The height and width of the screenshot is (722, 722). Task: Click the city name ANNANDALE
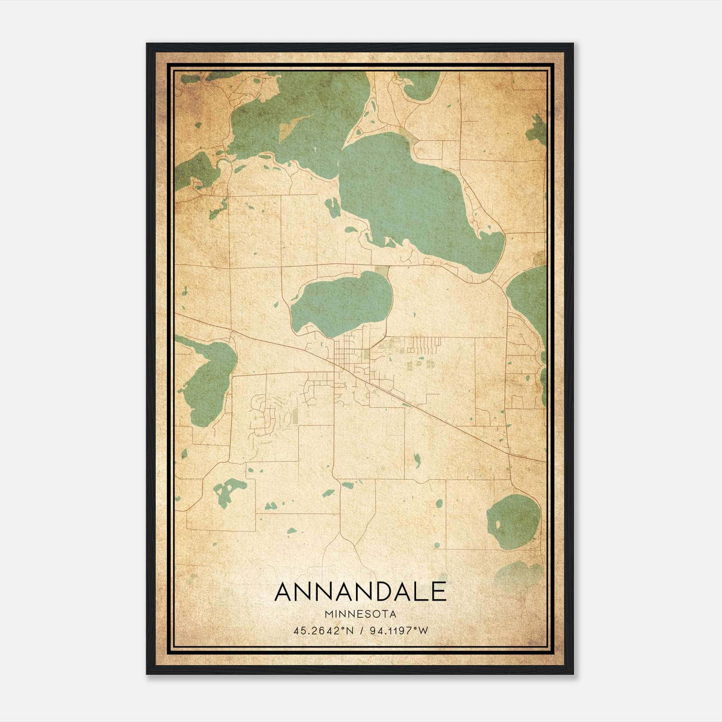tap(360, 592)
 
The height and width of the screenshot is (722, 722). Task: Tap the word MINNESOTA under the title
tap(360, 614)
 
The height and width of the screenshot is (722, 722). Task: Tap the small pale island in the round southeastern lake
tap(498, 524)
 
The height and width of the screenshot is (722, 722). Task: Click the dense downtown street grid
tap(346, 356)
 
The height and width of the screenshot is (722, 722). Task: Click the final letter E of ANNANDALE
tap(438, 592)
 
